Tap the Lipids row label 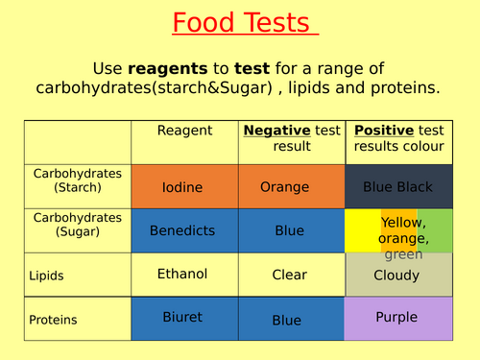point(47,276)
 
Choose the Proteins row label point(54,320)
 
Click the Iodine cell point(182,187)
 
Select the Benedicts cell point(182,230)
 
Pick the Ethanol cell point(182,274)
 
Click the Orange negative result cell point(286,187)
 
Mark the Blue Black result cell point(398,187)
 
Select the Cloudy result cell point(396,276)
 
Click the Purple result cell point(396,317)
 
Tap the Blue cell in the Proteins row point(286,320)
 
